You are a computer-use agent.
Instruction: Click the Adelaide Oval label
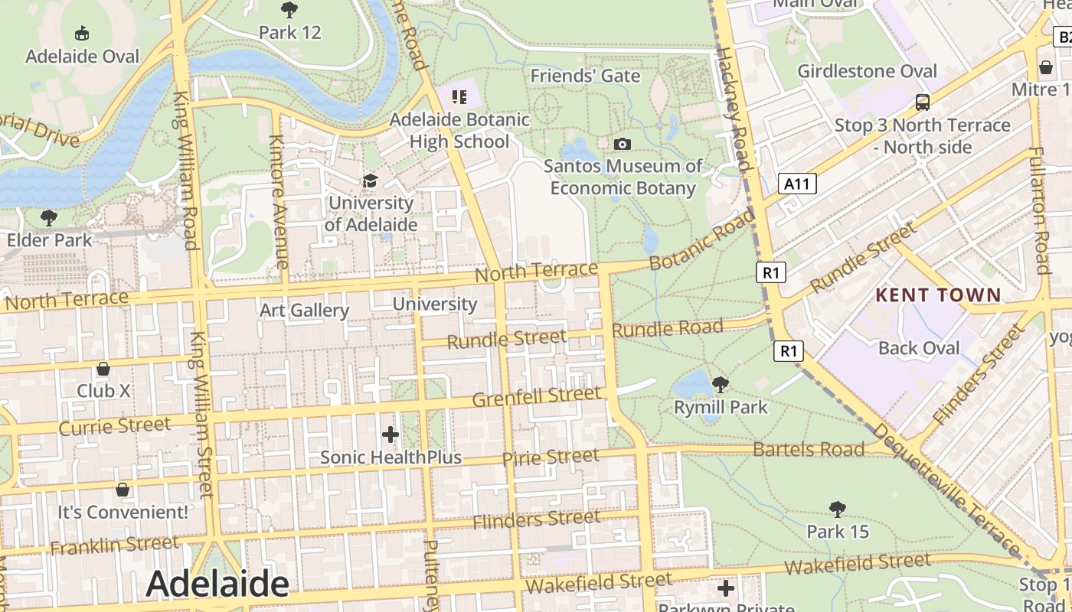tap(83, 57)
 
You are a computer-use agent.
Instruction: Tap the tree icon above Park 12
tap(289, 10)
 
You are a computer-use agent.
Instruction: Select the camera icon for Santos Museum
tap(623, 144)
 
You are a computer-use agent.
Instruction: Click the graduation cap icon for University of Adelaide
tap(371, 181)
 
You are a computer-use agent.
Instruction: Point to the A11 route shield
tap(797, 184)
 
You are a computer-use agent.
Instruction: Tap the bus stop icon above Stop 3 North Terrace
tap(923, 102)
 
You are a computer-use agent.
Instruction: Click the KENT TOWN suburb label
tap(938, 295)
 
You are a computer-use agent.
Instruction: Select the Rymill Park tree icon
tap(720, 384)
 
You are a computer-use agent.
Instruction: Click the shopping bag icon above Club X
tap(103, 369)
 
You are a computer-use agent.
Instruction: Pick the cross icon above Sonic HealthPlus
tap(391, 435)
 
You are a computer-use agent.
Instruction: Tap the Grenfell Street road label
tap(537, 397)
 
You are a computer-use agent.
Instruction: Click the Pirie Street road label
tap(551, 457)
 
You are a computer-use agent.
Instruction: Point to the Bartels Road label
tap(809, 449)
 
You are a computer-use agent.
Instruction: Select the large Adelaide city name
tap(217, 584)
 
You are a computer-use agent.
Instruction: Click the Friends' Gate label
tap(585, 76)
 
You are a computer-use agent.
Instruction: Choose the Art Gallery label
tap(304, 310)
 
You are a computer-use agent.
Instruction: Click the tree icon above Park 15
tap(838, 509)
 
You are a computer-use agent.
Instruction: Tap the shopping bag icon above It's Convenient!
tap(123, 490)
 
